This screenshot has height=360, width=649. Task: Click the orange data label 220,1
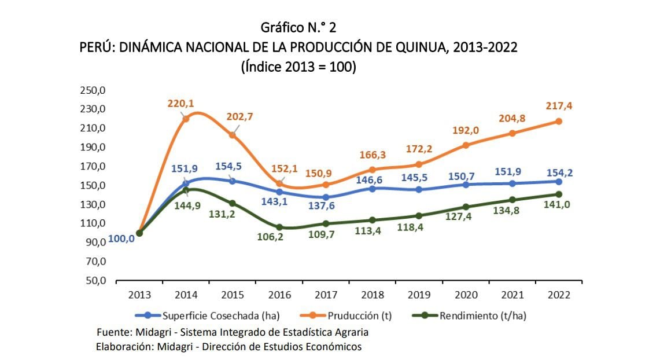(181, 104)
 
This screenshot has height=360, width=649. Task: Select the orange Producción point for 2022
(559, 122)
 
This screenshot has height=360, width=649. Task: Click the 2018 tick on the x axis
(372, 295)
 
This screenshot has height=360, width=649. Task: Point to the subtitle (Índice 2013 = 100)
(298, 67)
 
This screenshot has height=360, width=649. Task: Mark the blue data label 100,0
(121, 239)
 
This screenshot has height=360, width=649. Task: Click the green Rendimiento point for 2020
(466, 207)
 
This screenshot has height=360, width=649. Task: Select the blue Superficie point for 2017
(326, 197)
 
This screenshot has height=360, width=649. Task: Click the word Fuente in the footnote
(115, 332)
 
